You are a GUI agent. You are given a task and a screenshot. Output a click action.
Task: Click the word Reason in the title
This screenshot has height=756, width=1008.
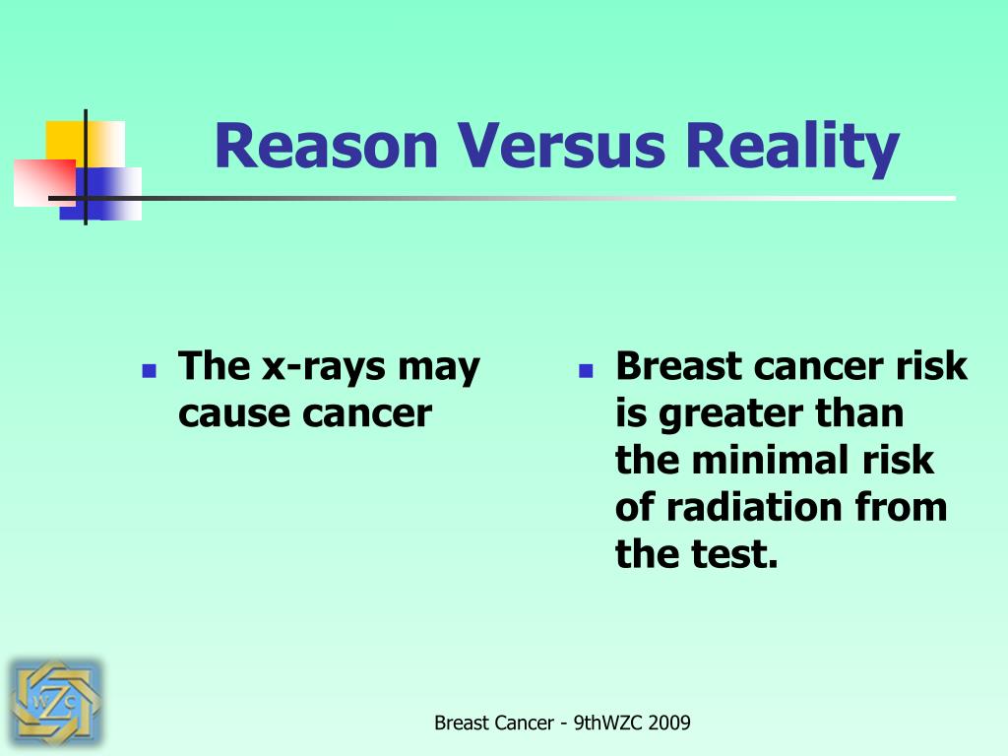(x=326, y=146)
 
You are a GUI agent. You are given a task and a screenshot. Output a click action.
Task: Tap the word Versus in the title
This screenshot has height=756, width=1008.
(x=561, y=146)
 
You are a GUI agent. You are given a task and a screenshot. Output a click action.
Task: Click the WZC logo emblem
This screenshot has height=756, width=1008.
(x=55, y=703)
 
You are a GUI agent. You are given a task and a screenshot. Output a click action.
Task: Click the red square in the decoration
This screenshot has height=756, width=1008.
(x=45, y=183)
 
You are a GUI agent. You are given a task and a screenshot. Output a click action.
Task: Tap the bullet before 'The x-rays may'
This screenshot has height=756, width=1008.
(x=150, y=371)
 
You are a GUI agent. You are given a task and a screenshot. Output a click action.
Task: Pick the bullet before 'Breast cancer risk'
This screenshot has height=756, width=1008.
(x=586, y=371)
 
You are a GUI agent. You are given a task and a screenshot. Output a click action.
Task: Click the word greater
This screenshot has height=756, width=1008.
(x=730, y=414)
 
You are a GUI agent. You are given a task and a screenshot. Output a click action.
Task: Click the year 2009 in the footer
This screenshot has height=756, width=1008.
(x=669, y=724)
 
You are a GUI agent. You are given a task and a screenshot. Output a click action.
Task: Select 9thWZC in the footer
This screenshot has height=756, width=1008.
(x=608, y=724)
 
